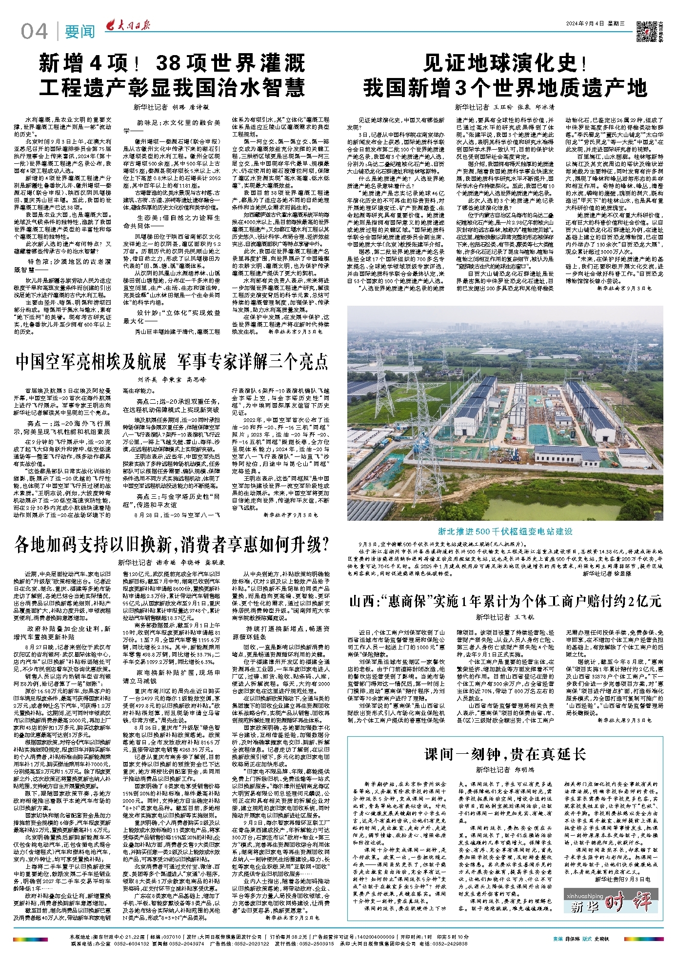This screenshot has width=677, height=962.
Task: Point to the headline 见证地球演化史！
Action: point(505,64)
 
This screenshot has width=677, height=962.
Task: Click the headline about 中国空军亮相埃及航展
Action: point(172,362)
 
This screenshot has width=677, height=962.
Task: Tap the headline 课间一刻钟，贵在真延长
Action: point(505,754)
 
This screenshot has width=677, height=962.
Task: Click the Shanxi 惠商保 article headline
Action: point(505,601)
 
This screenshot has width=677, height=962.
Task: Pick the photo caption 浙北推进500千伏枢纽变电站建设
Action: point(505,531)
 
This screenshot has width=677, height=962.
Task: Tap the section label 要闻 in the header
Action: point(80,32)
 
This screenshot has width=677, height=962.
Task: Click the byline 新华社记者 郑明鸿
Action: point(505,770)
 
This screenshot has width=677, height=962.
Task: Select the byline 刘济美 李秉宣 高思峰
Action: point(172,379)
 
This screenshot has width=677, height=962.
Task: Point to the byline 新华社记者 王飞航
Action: point(505,617)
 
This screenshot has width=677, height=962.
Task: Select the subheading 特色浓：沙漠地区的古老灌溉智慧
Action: point(68,265)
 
